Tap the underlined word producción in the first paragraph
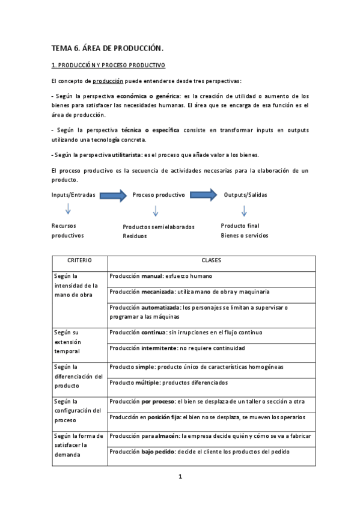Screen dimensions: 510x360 [108, 81]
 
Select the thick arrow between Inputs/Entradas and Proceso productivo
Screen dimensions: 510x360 [113, 195]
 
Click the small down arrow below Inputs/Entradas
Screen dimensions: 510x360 [68, 210]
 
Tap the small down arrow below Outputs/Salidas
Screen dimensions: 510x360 [244, 210]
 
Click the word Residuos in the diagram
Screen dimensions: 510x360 [135, 236]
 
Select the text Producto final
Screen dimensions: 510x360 [240, 226]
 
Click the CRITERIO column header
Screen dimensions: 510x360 [79, 261]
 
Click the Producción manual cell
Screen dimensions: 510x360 [160, 277]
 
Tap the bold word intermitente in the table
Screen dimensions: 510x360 [167, 348]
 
